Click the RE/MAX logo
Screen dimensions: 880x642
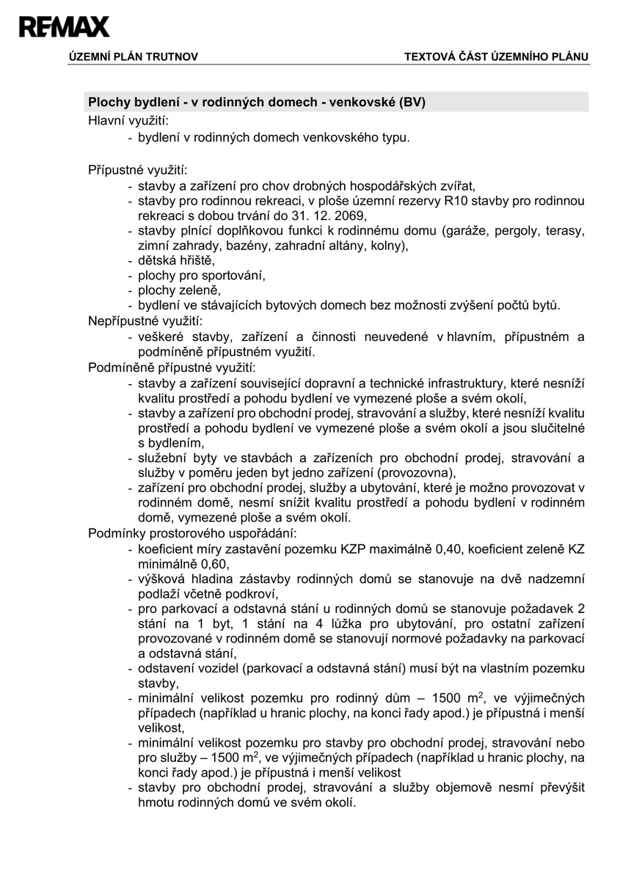pyautogui.click(x=65, y=27)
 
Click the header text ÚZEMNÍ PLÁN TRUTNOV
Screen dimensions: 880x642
pyautogui.click(x=133, y=56)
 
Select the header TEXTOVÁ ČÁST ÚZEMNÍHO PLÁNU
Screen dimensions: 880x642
pyautogui.click(x=496, y=56)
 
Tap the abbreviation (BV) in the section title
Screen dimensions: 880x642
pyautogui.click(x=413, y=102)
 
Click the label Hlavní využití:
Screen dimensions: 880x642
pyautogui.click(x=128, y=120)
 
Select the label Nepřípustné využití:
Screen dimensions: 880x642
pyautogui.click(x=145, y=320)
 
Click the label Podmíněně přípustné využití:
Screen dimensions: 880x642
pyautogui.click(x=172, y=367)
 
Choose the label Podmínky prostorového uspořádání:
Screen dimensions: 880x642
pyautogui.click(x=192, y=533)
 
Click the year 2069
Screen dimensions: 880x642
pyautogui.click(x=349, y=216)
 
